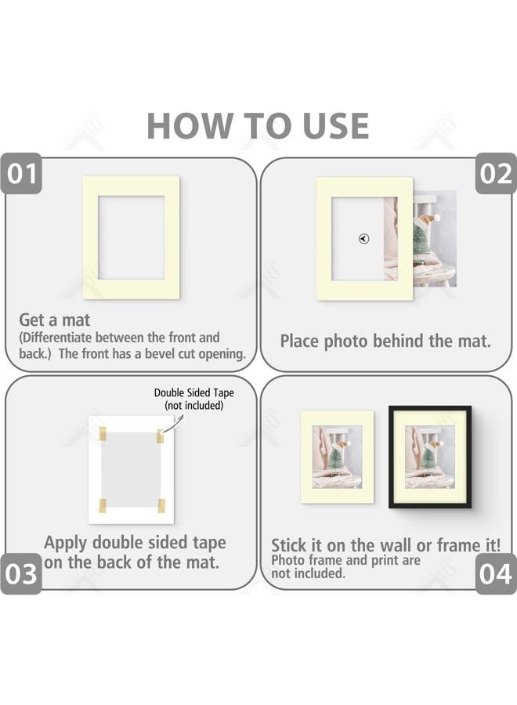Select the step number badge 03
click(x=22, y=574)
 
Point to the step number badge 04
click(x=495, y=574)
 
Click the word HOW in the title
click(x=181, y=126)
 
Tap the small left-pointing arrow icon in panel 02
click(x=363, y=239)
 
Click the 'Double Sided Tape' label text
click(x=193, y=393)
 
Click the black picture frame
click(x=430, y=457)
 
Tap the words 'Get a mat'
click(x=55, y=320)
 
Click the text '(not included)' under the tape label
click(x=193, y=406)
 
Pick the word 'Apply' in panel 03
click(x=66, y=543)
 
